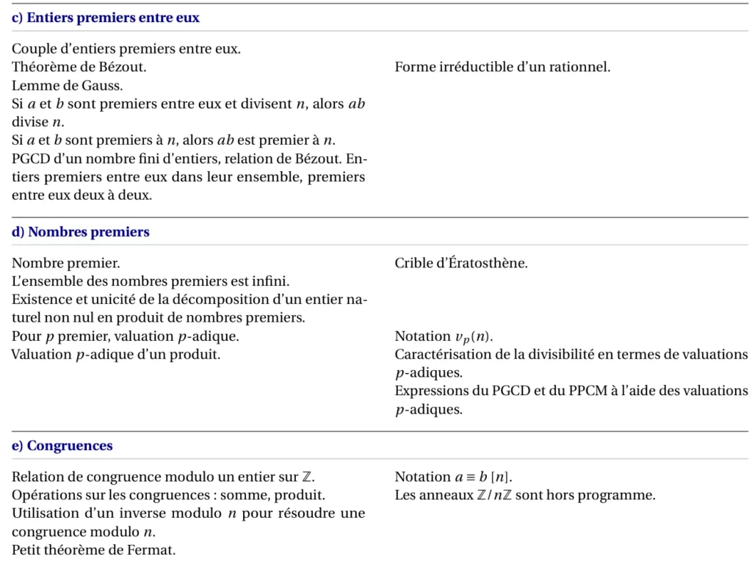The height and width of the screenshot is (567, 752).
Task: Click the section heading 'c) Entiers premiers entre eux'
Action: (106, 18)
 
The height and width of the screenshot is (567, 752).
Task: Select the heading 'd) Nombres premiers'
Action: (81, 232)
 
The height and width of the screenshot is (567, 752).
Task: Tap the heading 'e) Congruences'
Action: (62, 446)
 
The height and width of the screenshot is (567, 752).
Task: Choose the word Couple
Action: (34, 50)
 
